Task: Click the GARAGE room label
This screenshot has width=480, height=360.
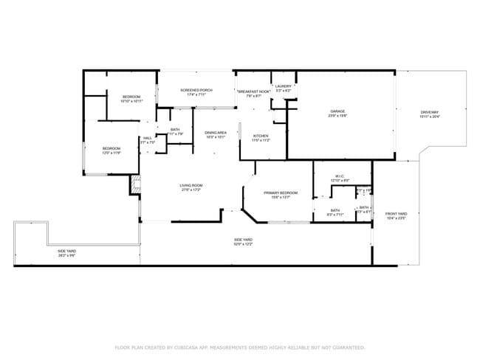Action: tap(337, 111)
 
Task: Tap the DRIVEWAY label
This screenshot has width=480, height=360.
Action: tap(429, 112)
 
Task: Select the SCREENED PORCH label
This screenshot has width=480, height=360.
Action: tap(196, 90)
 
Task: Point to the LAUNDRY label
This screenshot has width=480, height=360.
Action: tap(284, 86)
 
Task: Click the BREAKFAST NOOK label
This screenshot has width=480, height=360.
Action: tap(254, 91)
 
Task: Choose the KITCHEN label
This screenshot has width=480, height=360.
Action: tap(261, 136)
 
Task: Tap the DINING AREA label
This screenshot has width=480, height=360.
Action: tap(216, 133)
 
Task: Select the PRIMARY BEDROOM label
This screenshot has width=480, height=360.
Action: tap(280, 193)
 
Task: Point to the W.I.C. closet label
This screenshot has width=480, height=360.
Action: tap(340, 176)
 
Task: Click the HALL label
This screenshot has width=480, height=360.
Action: tap(148, 138)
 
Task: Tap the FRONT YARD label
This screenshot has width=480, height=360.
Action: tap(397, 214)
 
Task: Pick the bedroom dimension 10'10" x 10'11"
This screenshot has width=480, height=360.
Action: tap(131, 101)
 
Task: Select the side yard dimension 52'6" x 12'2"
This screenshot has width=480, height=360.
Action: tap(244, 243)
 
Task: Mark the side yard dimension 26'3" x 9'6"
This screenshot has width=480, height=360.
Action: tap(66, 255)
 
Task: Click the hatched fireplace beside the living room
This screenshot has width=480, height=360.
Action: tap(135, 185)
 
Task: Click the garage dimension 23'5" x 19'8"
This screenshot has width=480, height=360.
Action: tap(337, 116)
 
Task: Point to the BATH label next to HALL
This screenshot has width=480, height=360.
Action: tap(175, 129)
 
